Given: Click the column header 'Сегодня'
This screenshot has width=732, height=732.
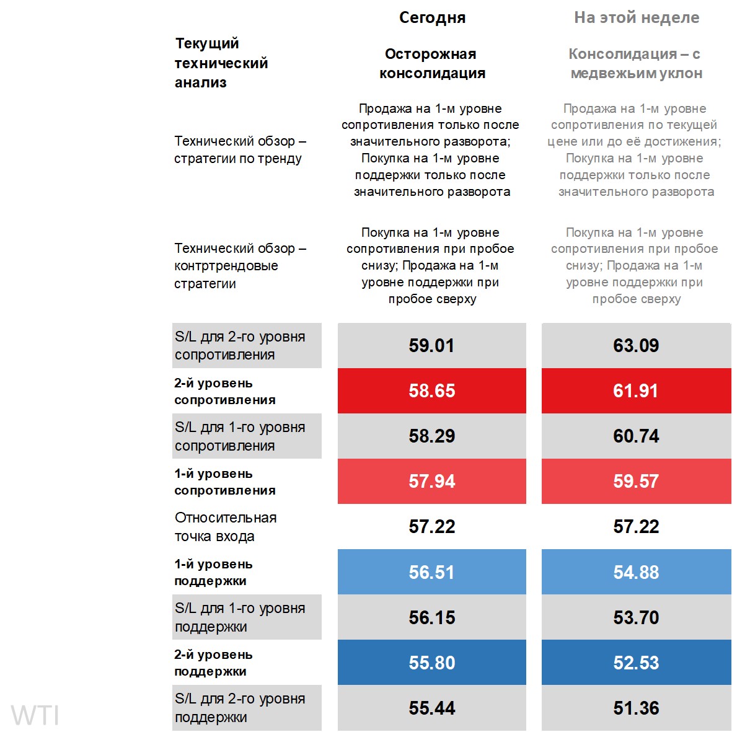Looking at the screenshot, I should [432, 18].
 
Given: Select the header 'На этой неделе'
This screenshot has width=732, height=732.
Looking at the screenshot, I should [637, 18].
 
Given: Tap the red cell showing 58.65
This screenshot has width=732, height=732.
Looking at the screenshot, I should [432, 390].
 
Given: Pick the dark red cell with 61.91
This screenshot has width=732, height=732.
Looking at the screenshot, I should [636, 390].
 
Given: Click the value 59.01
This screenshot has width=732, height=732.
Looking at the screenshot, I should [432, 345].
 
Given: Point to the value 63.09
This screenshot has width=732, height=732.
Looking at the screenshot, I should [636, 345].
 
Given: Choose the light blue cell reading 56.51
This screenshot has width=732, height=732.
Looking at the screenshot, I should [432, 572].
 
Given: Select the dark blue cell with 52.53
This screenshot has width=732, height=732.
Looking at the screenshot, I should [636, 663].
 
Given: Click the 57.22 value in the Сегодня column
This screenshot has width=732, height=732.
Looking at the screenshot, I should [432, 527].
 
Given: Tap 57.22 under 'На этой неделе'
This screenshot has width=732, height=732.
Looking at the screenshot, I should [636, 527].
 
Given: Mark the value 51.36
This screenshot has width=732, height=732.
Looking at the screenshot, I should [636, 708].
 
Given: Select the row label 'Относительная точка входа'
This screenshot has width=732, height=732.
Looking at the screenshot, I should [226, 527].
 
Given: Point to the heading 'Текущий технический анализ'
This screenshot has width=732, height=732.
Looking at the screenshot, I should [221, 63].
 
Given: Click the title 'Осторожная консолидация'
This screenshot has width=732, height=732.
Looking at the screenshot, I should [432, 64].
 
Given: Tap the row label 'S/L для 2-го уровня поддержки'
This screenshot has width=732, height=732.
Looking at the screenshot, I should [240, 708].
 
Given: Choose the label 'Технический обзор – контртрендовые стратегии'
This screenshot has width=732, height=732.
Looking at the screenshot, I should [240, 266].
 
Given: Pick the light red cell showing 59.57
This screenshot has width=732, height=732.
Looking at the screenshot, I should [636, 482].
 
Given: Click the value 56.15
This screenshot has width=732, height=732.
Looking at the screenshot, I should [432, 617].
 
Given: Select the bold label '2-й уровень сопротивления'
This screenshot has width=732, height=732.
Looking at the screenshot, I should [225, 391].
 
